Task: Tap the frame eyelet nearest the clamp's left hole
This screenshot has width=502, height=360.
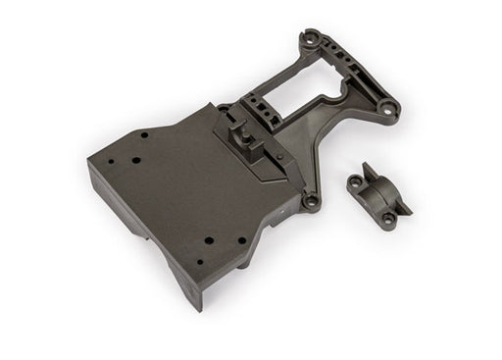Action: click(x=311, y=202)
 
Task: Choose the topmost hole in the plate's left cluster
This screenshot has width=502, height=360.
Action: click(x=143, y=135)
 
